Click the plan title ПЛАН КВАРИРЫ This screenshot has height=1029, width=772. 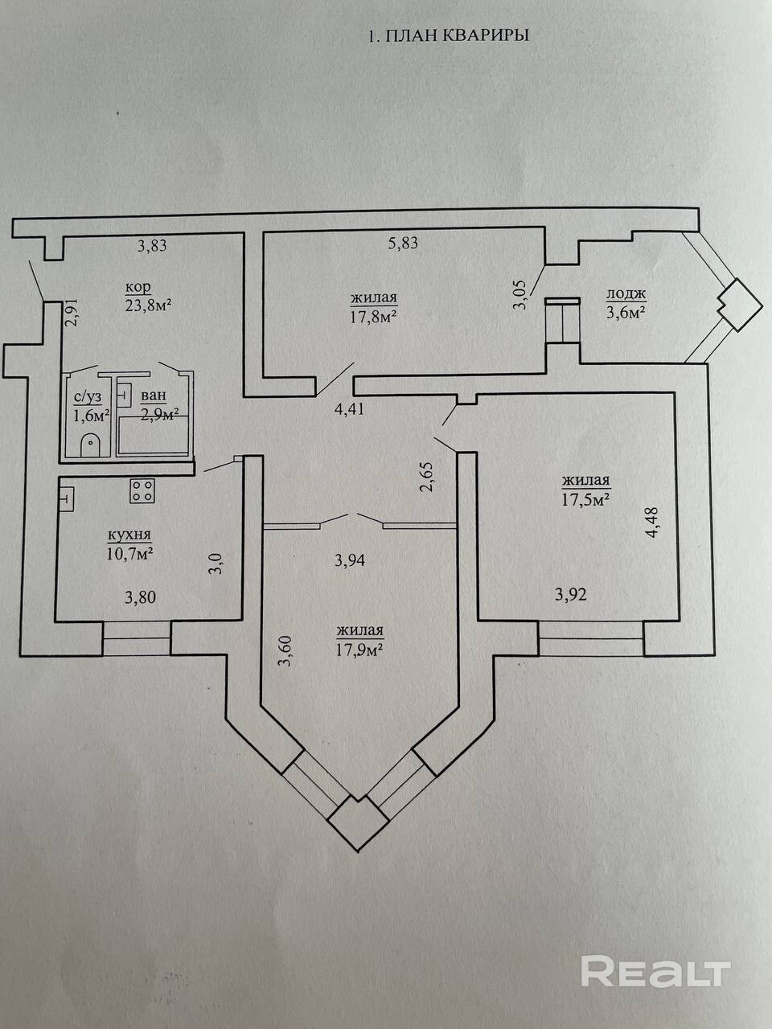click(x=448, y=35)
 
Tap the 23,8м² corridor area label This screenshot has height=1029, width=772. click(x=150, y=305)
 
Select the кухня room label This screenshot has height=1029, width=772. click(x=129, y=535)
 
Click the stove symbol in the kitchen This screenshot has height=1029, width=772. click(x=143, y=490)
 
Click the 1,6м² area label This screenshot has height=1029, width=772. click(x=91, y=415)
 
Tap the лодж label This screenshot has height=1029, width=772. click(x=626, y=294)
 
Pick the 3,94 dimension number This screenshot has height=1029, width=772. click(x=350, y=560)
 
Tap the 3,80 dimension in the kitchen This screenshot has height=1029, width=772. click(x=140, y=597)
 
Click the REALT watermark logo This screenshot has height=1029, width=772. click(x=655, y=971)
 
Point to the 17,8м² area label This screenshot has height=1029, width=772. click(x=375, y=317)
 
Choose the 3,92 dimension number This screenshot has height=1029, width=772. click(x=572, y=595)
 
